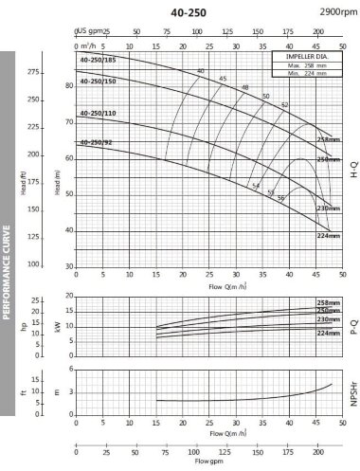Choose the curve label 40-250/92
point(96,142)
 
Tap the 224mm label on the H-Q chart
point(327,235)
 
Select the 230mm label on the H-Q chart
point(327,208)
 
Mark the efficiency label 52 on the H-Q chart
point(284,104)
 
